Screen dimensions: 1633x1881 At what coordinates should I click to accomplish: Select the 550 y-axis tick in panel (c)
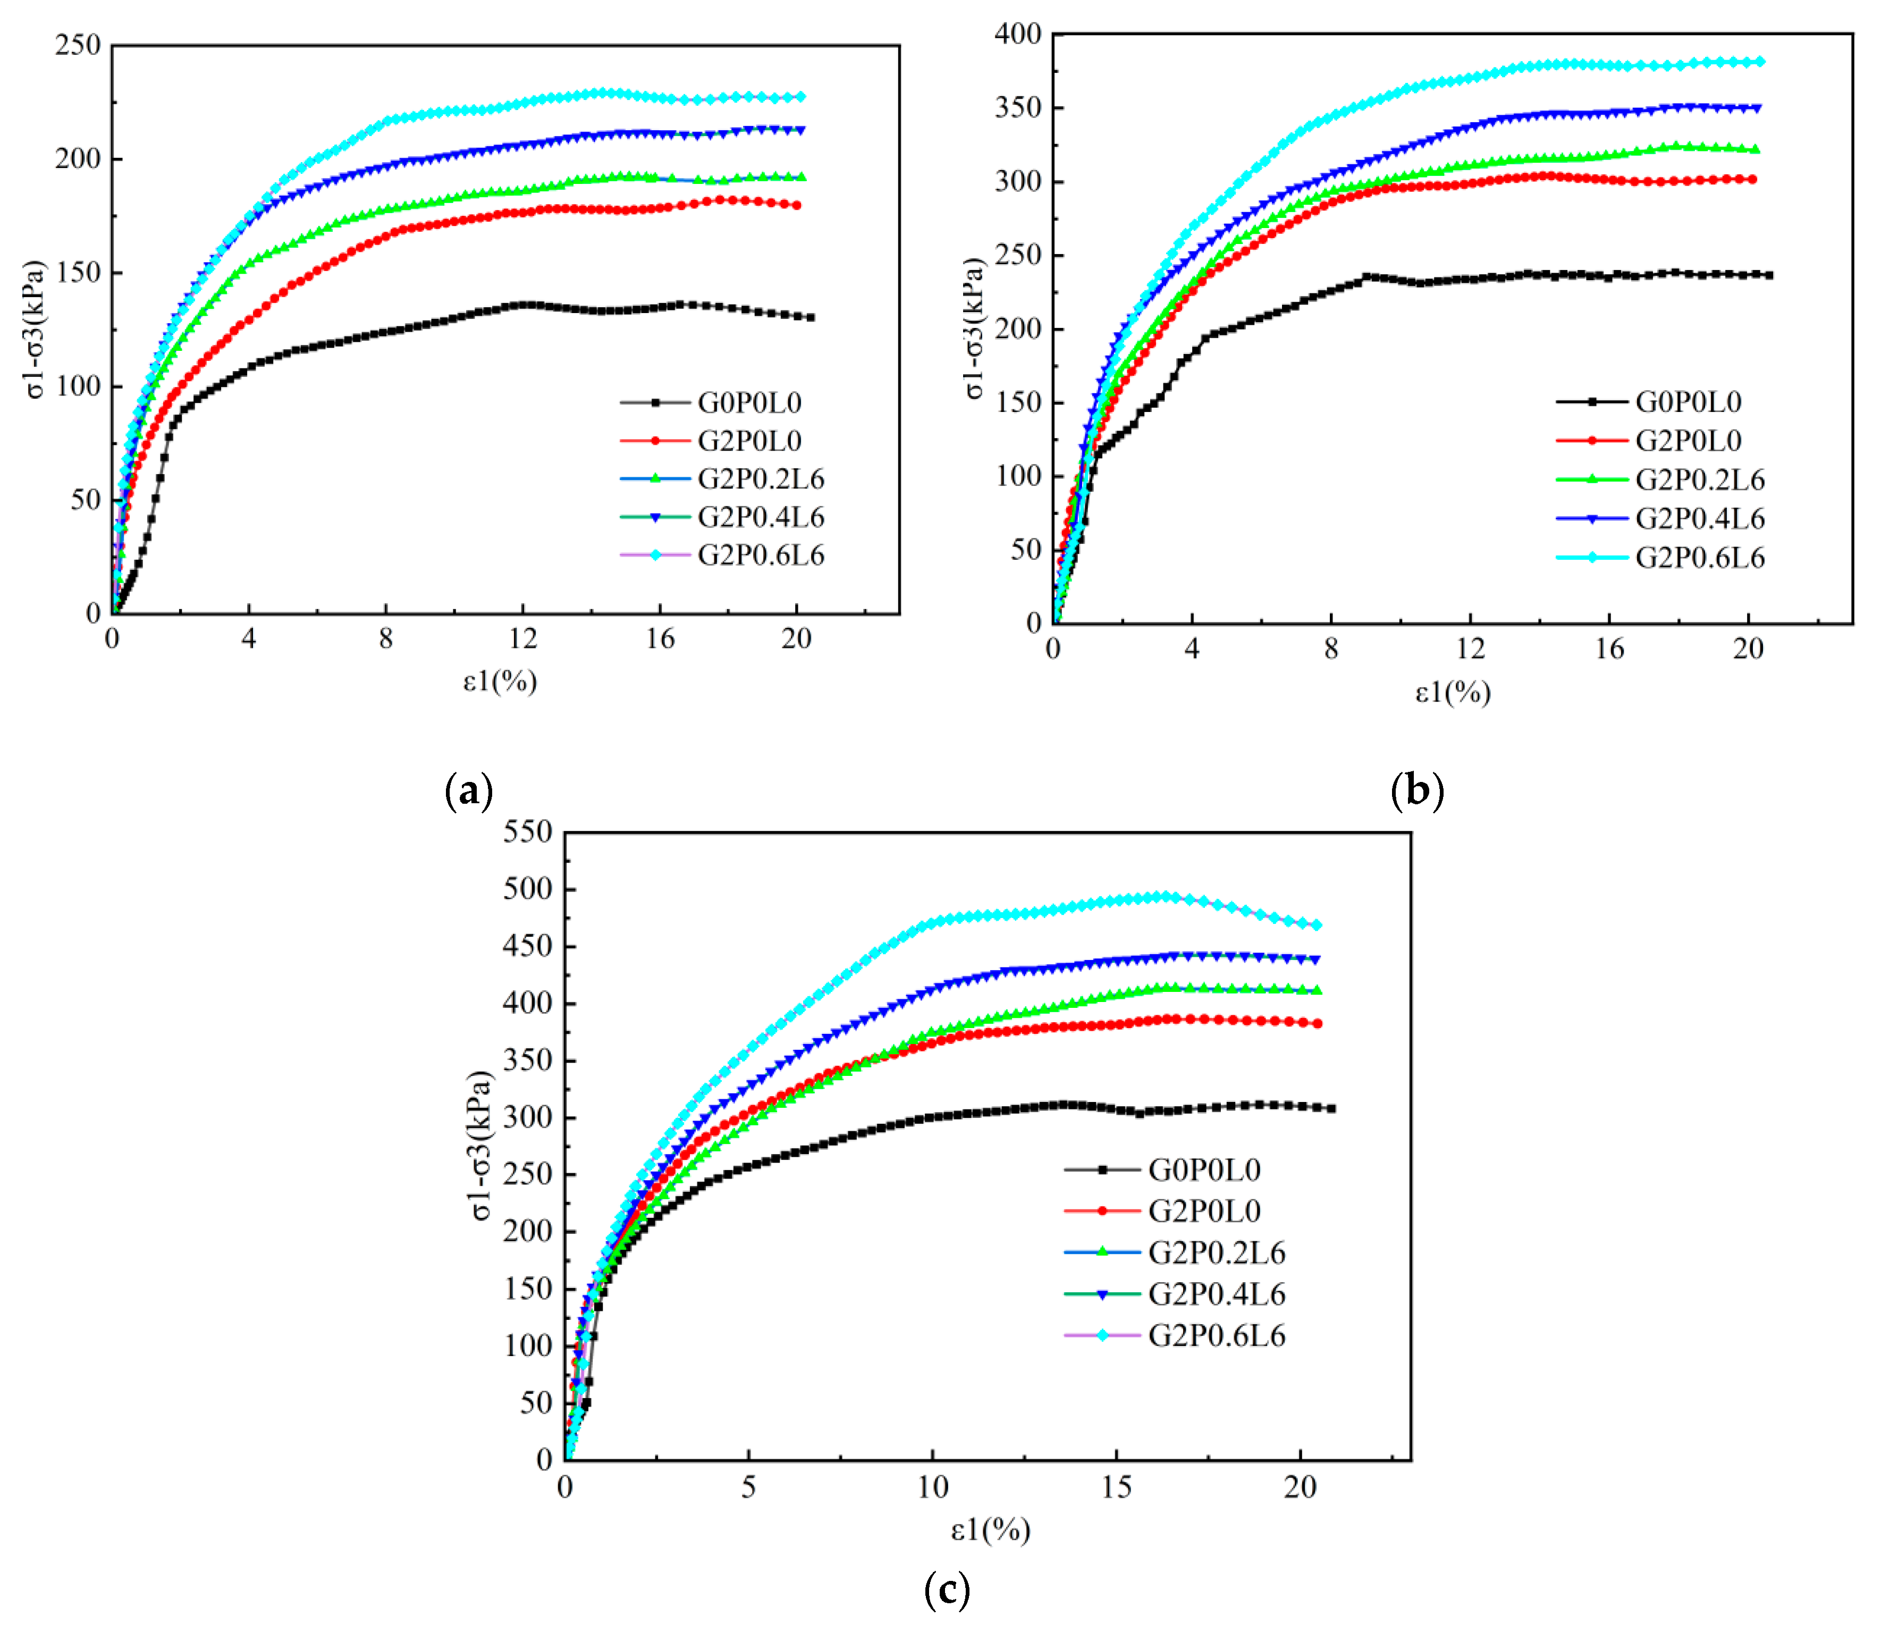click(x=528, y=832)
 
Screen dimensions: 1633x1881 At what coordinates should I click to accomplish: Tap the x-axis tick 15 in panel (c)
click(x=1116, y=1488)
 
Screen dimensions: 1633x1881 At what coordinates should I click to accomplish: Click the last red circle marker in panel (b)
click(x=1752, y=180)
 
